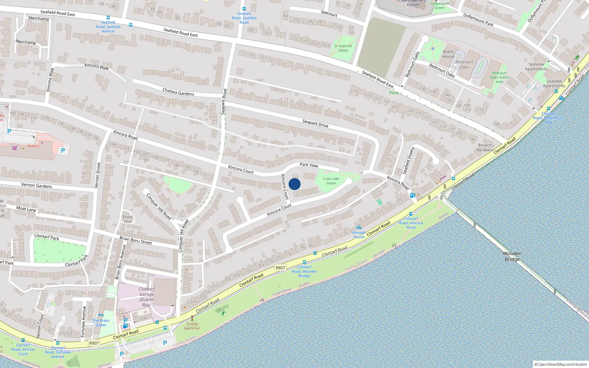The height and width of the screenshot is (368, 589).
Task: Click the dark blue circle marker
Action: (x=294, y=184)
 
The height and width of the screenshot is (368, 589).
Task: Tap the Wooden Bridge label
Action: (x=512, y=256)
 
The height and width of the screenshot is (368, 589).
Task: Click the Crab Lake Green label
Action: (x=331, y=181)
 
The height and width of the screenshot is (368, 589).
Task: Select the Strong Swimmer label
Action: (x=192, y=326)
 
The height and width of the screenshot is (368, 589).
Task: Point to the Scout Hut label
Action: (x=127, y=219)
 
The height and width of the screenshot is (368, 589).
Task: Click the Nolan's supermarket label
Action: (x=33, y=146)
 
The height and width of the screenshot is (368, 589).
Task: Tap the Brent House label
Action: (x=448, y=54)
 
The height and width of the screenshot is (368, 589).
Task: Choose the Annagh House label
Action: (x=359, y=234)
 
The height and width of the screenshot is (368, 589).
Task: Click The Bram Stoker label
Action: (x=100, y=323)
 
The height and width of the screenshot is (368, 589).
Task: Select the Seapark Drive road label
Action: (x=315, y=123)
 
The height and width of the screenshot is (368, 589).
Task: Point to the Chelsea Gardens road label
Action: (x=178, y=92)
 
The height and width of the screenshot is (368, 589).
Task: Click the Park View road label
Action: (x=309, y=165)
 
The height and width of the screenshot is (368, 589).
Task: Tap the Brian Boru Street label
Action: (x=135, y=240)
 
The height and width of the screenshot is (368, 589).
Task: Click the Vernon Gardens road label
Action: (x=36, y=185)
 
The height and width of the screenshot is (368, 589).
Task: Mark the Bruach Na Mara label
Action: (x=484, y=147)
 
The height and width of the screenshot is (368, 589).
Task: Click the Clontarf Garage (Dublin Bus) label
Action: (x=147, y=297)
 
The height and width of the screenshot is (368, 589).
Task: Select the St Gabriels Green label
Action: (x=343, y=48)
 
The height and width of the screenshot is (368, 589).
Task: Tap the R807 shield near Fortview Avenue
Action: (x=94, y=343)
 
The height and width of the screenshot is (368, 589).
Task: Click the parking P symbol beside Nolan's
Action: (x=63, y=150)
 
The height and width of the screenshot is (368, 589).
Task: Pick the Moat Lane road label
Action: (x=26, y=209)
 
